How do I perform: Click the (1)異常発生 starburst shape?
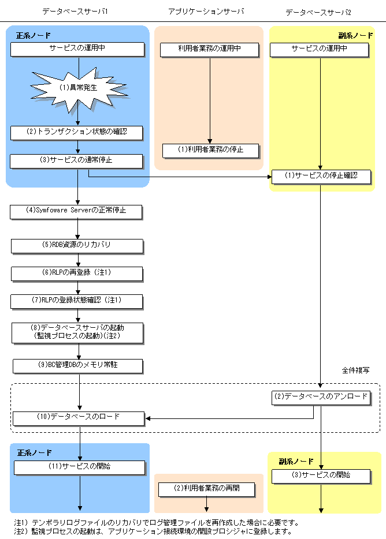[x=78, y=88]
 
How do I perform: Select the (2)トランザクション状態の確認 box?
[x=77, y=132]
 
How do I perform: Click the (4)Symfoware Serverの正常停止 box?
[x=76, y=211]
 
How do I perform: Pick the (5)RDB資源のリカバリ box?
[x=76, y=245]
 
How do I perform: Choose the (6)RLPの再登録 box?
[x=76, y=272]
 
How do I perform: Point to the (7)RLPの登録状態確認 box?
[x=76, y=300]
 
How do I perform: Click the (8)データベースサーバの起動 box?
[x=76, y=331]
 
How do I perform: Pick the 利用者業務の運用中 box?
[x=209, y=49]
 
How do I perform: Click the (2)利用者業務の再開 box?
[x=206, y=489]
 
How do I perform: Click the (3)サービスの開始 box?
[x=321, y=476]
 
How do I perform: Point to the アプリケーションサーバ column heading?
[x=206, y=11]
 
